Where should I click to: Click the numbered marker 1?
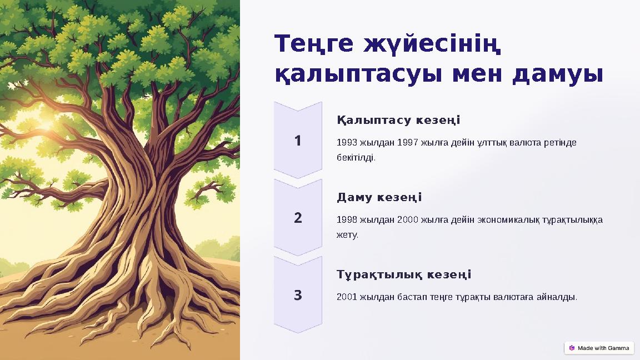(298, 141)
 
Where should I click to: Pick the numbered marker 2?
(298, 218)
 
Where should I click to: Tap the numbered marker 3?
(298, 295)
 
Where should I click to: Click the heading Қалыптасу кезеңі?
(398, 121)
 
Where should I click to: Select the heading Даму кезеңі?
(379, 198)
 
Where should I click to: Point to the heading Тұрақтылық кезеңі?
(404, 275)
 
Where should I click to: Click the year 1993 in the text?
(347, 143)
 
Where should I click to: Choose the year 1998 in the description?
(347, 220)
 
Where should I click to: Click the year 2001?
(347, 297)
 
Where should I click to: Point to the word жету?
(347, 235)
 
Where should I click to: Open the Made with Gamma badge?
(599, 348)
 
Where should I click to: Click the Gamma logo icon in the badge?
(572, 348)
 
